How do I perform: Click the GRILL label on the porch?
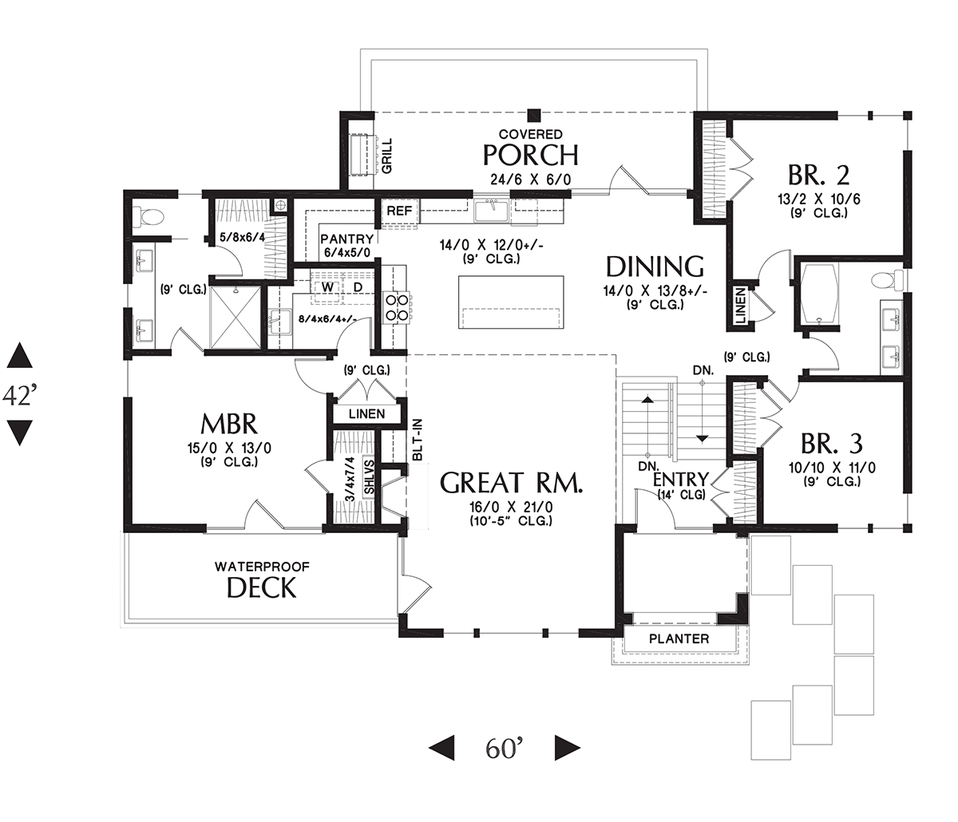(x=386, y=156)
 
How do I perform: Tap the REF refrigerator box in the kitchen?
(x=398, y=211)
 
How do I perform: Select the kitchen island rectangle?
(x=511, y=301)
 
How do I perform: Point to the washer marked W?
(x=327, y=287)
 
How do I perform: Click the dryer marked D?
(x=358, y=287)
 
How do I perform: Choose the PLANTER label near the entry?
(x=679, y=638)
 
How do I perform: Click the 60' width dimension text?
(x=504, y=748)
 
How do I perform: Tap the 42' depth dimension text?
(x=20, y=395)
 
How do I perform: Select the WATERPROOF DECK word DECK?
(x=262, y=588)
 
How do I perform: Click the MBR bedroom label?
(x=228, y=422)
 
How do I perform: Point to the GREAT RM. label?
(x=513, y=483)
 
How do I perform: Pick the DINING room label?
(x=655, y=267)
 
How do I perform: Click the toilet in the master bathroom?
(x=149, y=215)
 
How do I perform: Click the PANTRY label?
(x=346, y=239)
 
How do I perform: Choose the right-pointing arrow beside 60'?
(x=567, y=748)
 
